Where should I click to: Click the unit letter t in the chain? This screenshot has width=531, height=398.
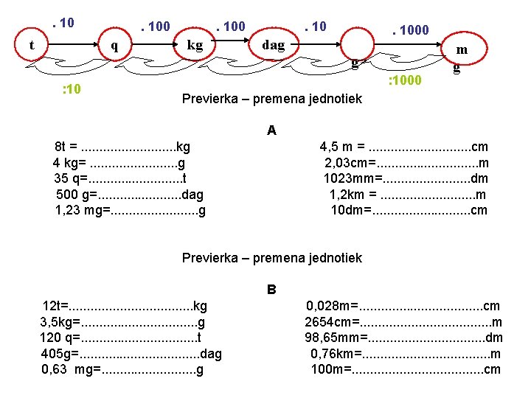[32, 45]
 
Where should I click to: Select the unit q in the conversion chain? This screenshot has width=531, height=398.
[114, 45]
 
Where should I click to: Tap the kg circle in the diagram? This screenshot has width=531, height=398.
[195, 45]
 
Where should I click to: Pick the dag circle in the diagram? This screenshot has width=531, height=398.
[273, 45]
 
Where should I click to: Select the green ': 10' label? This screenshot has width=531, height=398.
[74, 90]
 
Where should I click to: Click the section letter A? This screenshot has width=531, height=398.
[271, 130]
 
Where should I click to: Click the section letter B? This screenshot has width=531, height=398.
[271, 289]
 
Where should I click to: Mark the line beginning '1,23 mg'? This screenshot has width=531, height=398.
[131, 210]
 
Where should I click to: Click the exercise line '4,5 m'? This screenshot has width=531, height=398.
[403, 147]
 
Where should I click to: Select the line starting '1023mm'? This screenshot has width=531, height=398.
[406, 178]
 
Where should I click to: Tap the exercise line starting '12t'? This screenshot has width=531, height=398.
[125, 305]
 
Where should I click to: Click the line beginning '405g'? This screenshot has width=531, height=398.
[131, 353]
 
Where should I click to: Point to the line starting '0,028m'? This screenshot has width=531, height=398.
[403, 305]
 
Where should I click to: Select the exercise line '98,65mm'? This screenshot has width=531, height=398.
[404, 337]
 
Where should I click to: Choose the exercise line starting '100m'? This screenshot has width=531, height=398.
[406, 369]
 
